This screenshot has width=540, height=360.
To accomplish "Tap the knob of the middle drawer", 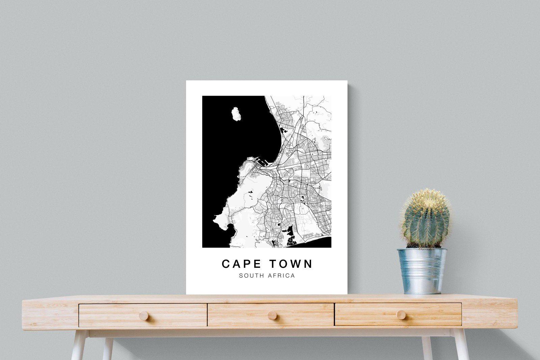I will [x=272, y=315].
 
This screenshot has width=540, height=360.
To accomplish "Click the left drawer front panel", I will [x=111, y=315].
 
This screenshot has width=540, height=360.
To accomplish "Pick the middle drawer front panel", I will [x=243, y=315].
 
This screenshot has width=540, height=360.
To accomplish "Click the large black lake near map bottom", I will [x=290, y=236].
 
